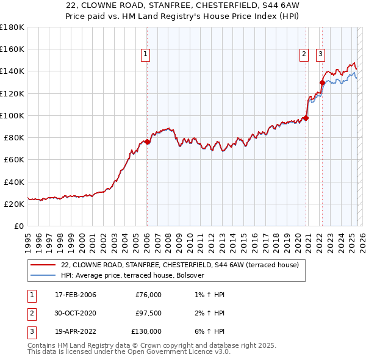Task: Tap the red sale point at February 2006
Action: point(147,142)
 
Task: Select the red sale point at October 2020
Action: point(306,118)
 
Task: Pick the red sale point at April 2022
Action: point(322,82)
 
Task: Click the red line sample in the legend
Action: point(43,265)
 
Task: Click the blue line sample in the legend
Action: point(43,275)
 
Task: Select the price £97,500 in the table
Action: point(148,313)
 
